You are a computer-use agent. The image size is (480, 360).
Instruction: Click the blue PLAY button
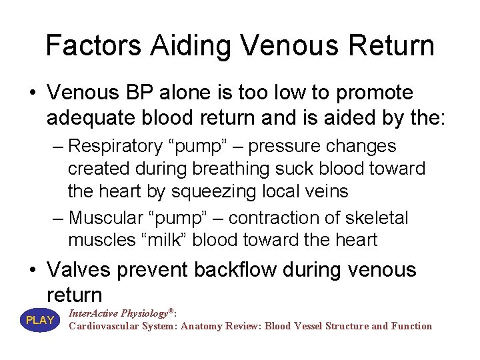40,320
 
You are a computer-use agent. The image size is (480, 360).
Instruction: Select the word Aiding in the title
191,45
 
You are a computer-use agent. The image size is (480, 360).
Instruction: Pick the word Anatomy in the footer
203,326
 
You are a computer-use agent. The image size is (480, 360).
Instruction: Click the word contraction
266,217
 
